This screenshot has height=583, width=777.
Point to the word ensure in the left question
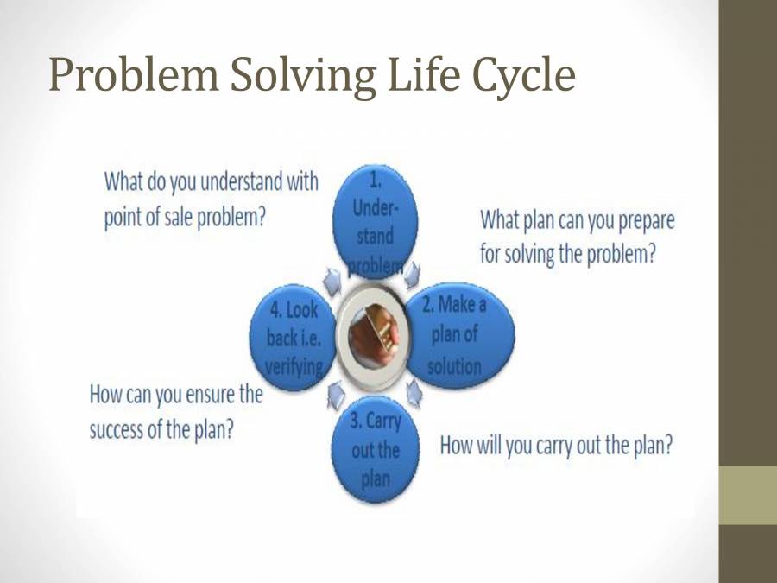coord(205,396)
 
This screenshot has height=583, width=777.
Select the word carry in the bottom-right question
coord(540,446)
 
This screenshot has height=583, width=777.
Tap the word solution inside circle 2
coord(454,365)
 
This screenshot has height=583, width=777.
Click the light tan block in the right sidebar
coord(748,496)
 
